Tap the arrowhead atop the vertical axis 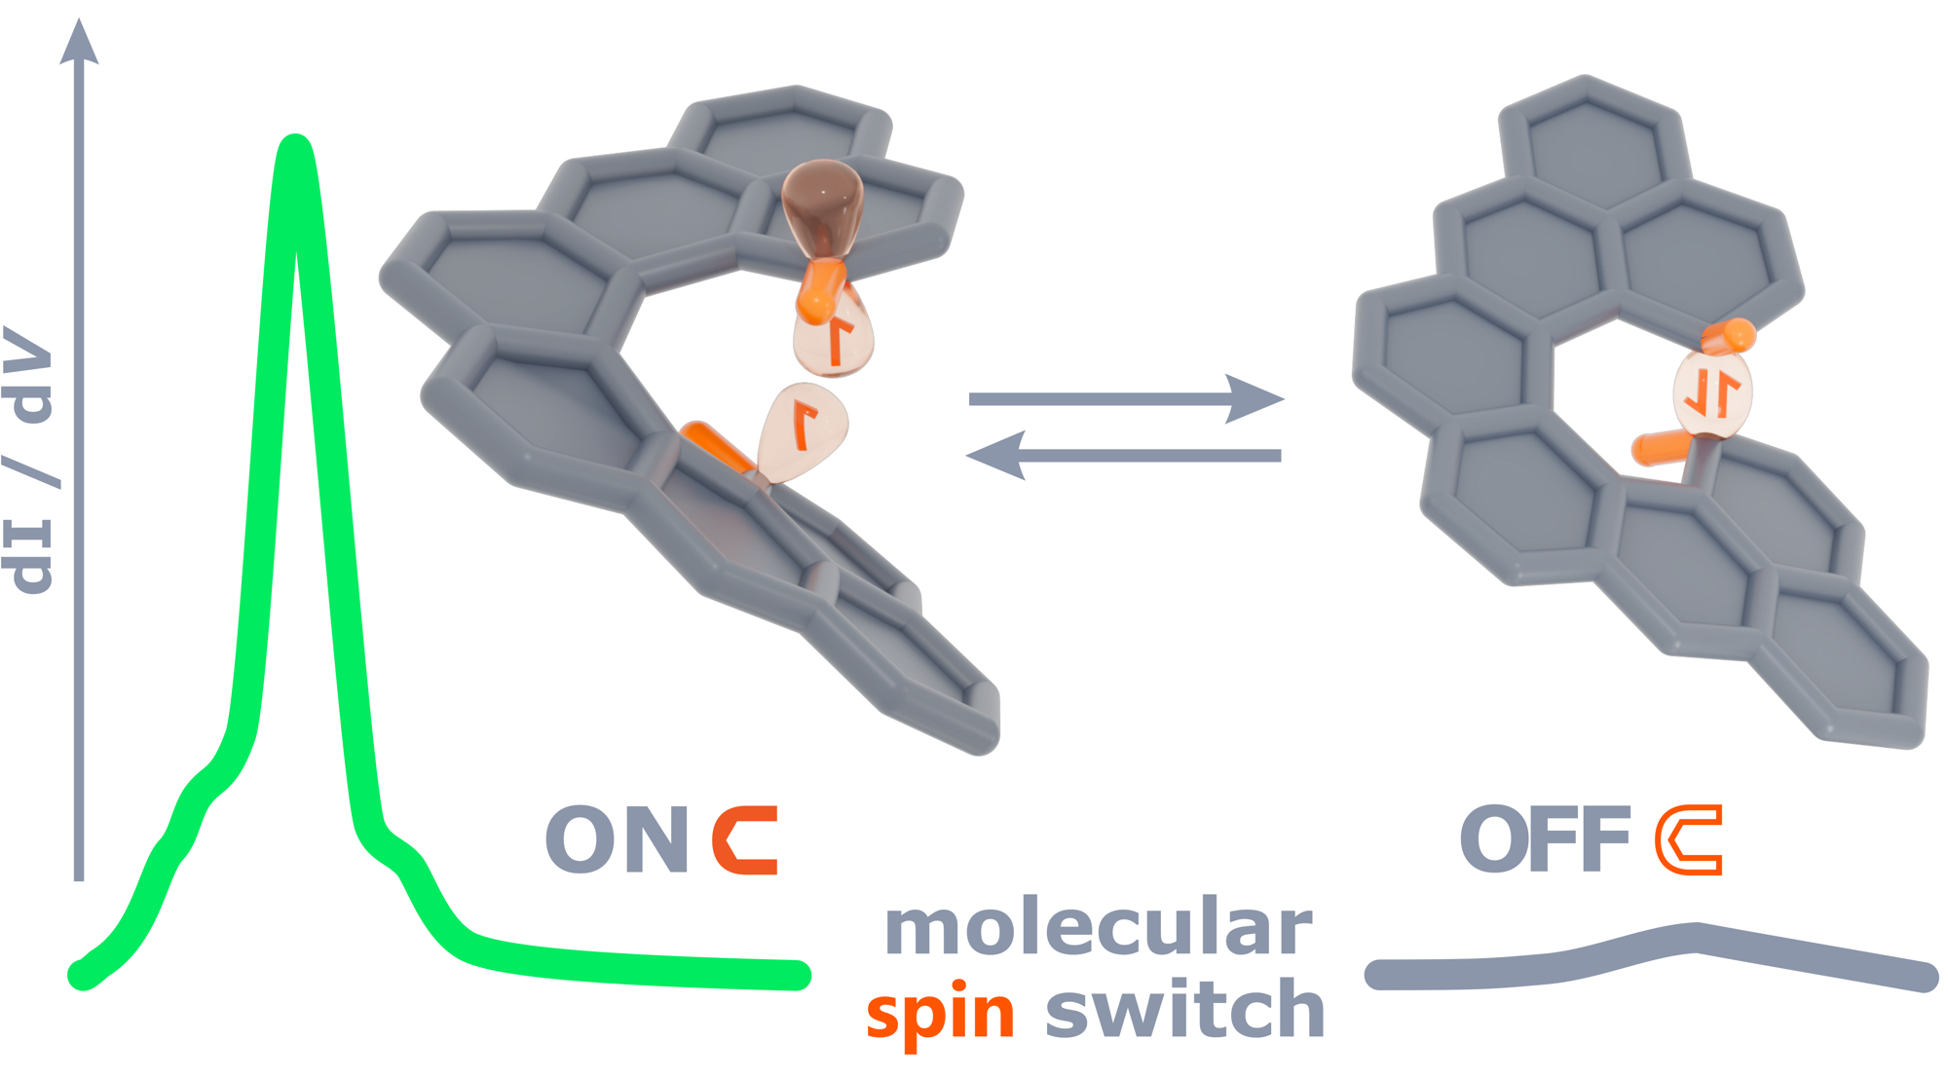[x=79, y=44]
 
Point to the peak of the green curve [x=295, y=146]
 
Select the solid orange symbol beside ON [x=746, y=839]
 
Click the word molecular [x=1099, y=927]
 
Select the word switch [x=1184, y=1011]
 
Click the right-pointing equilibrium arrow [x=1126, y=398]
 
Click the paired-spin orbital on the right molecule [x=1712, y=394]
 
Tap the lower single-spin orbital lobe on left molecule [x=803, y=430]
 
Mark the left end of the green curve [x=82, y=974]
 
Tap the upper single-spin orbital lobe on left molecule [x=834, y=336]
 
